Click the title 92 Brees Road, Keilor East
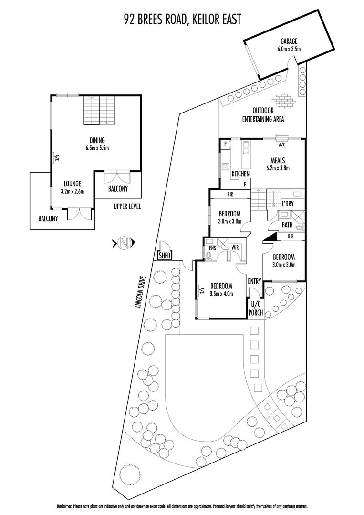coord(181,19)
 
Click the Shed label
coord(165,256)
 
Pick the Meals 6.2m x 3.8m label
coord(278,164)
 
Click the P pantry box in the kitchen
coord(224,144)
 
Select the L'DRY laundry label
coord(288,204)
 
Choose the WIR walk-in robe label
coord(235,247)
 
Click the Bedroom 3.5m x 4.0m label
coord(221,290)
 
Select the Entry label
coord(254,281)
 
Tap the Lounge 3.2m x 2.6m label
coord(73,187)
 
